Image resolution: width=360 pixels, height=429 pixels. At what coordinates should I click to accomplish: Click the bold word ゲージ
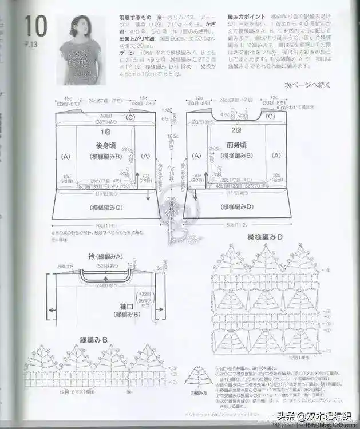coord(126,51)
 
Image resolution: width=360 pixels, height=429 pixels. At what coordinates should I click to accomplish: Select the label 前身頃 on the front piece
coord(234,146)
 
